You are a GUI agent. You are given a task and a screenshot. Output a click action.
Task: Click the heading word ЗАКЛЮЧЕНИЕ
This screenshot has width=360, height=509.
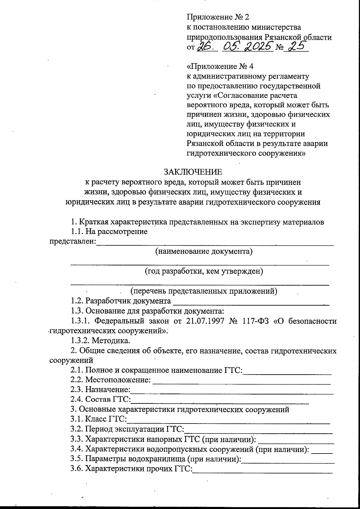click(x=193, y=172)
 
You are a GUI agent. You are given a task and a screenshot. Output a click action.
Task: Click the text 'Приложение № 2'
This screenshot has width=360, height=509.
click(x=218, y=17)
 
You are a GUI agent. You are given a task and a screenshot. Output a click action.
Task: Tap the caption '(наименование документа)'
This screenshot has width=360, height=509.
click(x=203, y=251)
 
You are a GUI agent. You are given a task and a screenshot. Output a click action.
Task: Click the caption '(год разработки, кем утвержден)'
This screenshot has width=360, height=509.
click(x=204, y=271)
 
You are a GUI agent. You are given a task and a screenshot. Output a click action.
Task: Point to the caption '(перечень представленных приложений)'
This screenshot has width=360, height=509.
click(x=203, y=291)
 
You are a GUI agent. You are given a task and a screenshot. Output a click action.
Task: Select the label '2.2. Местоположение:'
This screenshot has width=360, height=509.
click(x=110, y=380)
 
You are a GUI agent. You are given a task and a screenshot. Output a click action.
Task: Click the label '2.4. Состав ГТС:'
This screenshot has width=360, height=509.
click(x=101, y=400)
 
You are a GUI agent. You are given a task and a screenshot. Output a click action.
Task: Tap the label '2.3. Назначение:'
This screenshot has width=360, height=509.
click(x=100, y=390)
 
